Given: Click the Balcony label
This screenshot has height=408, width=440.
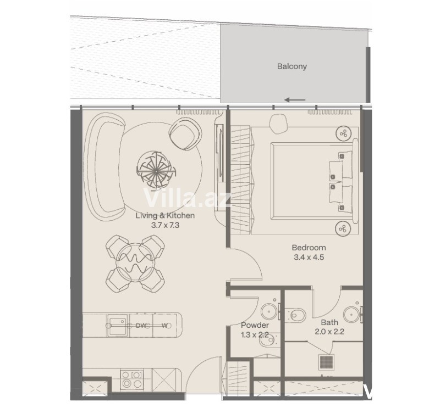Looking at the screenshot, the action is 292,66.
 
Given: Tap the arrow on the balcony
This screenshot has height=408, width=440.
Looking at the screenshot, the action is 295,100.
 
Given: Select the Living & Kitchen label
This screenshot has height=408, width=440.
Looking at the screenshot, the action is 165,215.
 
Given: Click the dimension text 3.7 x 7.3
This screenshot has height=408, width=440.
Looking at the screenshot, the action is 165,225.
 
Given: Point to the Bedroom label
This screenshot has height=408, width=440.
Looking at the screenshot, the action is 309,248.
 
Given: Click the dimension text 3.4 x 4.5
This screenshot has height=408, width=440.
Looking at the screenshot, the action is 309,257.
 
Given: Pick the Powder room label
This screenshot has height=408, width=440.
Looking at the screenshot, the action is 255,325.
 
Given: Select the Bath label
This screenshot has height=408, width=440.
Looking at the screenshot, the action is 329,322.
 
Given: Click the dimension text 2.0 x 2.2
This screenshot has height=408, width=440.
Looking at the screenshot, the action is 329,332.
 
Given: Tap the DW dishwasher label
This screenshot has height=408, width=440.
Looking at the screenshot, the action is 141,326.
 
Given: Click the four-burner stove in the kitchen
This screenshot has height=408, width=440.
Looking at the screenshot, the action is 132,379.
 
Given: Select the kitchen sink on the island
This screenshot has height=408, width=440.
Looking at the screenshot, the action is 118,325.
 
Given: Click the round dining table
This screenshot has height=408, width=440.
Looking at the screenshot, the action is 135,262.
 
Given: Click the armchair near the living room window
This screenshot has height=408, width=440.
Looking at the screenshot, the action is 185,134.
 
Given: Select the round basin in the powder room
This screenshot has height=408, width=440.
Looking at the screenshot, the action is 269,311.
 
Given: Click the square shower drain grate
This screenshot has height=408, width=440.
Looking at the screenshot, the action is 326,362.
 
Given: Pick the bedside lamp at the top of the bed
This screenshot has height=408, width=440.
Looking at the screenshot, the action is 343,133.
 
